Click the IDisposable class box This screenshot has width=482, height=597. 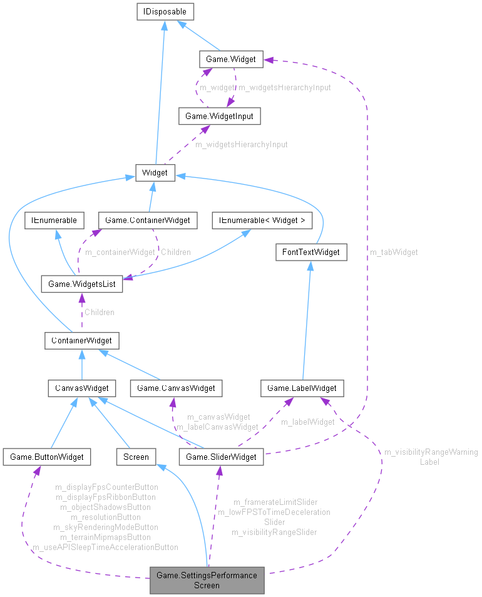click(x=165, y=11)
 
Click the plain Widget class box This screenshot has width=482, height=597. click(x=155, y=172)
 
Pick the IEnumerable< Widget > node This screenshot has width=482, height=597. click(x=258, y=221)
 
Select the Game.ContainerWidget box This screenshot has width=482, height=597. click(x=148, y=221)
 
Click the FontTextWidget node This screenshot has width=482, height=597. click(x=311, y=252)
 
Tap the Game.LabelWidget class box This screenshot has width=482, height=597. click(x=302, y=388)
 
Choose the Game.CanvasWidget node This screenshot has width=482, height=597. click(x=176, y=388)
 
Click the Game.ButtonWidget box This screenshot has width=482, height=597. click(x=46, y=457)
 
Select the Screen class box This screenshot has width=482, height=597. click(x=136, y=457)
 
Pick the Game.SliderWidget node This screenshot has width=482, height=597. click(x=222, y=457)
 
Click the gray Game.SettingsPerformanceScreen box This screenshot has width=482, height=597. click(x=207, y=580)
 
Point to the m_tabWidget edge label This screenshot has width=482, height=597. click(x=394, y=252)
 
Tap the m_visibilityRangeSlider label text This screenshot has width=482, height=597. click(x=274, y=532)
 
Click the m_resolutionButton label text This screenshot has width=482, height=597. click(x=105, y=517)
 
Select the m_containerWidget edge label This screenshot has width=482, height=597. click(x=120, y=252)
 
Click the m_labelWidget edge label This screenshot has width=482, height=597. click(x=307, y=422)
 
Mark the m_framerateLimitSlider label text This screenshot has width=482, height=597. click(x=275, y=502)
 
